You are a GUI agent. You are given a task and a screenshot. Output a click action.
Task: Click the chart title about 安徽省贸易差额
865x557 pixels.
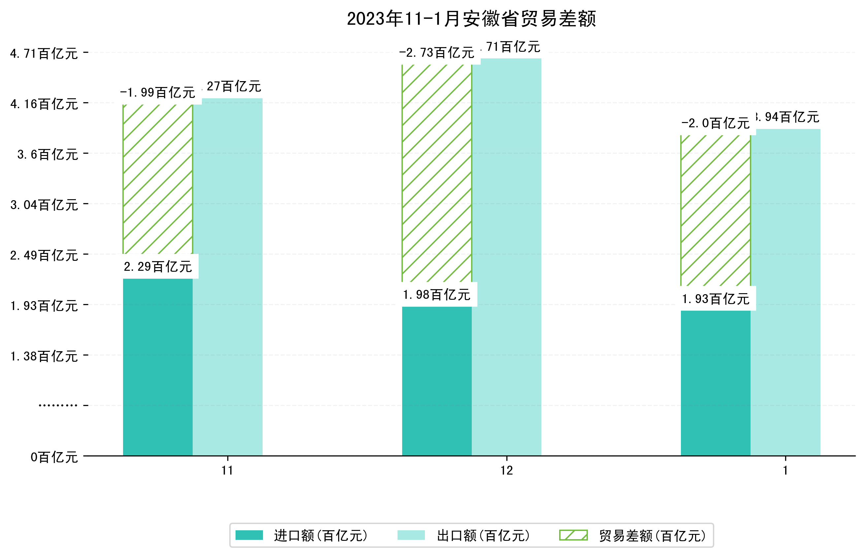pos(471,19)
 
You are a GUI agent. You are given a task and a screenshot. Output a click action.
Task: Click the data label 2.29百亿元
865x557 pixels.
pos(158,267)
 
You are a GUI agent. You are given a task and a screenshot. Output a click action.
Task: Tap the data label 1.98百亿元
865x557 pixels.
pos(437,295)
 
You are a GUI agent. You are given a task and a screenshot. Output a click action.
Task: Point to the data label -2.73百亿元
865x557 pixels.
pos(437,53)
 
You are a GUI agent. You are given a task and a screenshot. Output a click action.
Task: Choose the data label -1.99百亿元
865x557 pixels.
pos(158,93)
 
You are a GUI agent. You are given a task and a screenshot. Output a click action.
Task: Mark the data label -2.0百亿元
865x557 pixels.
pos(715,123)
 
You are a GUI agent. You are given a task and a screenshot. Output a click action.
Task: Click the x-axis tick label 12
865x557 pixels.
pos(506,471)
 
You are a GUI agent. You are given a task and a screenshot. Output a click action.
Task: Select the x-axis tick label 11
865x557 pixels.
pos(227,471)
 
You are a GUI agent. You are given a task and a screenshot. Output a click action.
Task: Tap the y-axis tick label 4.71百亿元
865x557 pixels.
pos(44,53)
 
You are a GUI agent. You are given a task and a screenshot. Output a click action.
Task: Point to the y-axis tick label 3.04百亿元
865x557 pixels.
pos(44,205)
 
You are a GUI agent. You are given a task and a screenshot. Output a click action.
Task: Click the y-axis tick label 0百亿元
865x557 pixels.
pos(54,457)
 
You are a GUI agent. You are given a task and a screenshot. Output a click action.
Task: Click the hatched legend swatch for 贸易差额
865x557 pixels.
pos(573,535)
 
